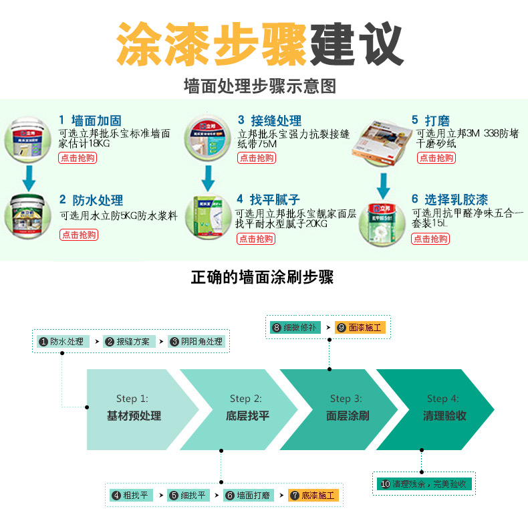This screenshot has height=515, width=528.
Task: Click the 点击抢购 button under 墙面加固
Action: click(78, 158)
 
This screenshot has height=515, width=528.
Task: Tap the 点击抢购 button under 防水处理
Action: click(79, 235)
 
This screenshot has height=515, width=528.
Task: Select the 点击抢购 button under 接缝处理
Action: click(256, 158)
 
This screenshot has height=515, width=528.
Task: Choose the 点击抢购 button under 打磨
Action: click(436, 158)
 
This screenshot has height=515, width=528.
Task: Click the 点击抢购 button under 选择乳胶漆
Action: click(430, 239)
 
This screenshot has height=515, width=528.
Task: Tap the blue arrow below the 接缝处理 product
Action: click(209, 177)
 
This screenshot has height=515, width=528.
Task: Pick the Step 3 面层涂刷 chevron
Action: click(344, 409)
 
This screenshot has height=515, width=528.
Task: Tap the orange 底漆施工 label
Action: click(313, 496)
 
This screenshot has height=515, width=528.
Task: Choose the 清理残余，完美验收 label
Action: click(424, 484)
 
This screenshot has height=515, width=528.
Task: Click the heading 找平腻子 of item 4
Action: click(275, 199)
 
